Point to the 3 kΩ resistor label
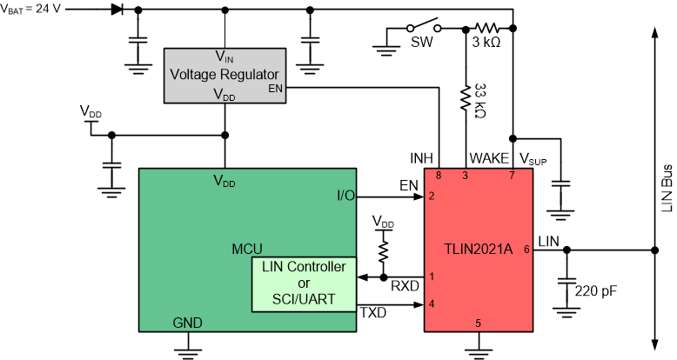[x=485, y=44]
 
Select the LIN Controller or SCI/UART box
[x=304, y=285]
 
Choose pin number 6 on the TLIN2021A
[x=526, y=250]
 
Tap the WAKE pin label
[x=489, y=158]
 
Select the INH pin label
[x=421, y=158]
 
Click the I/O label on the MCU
[x=345, y=196]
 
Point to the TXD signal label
[x=374, y=310]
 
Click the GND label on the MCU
[x=187, y=323]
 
